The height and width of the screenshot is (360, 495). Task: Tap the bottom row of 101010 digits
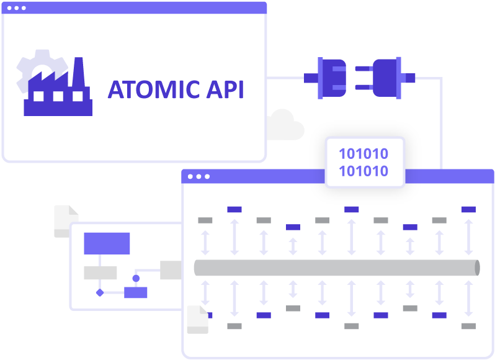(363, 171)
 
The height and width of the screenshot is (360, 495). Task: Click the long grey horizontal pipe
(335, 268)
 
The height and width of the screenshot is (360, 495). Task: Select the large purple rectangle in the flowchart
(107, 243)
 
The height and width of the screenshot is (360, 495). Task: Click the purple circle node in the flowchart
(136, 278)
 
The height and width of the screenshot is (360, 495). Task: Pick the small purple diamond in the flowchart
(99, 292)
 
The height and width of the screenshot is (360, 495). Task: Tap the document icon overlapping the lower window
(197, 319)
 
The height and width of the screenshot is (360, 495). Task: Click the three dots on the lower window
(198, 176)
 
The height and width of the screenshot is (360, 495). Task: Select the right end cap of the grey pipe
(476, 268)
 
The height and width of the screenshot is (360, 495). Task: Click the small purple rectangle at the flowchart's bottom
(135, 292)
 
